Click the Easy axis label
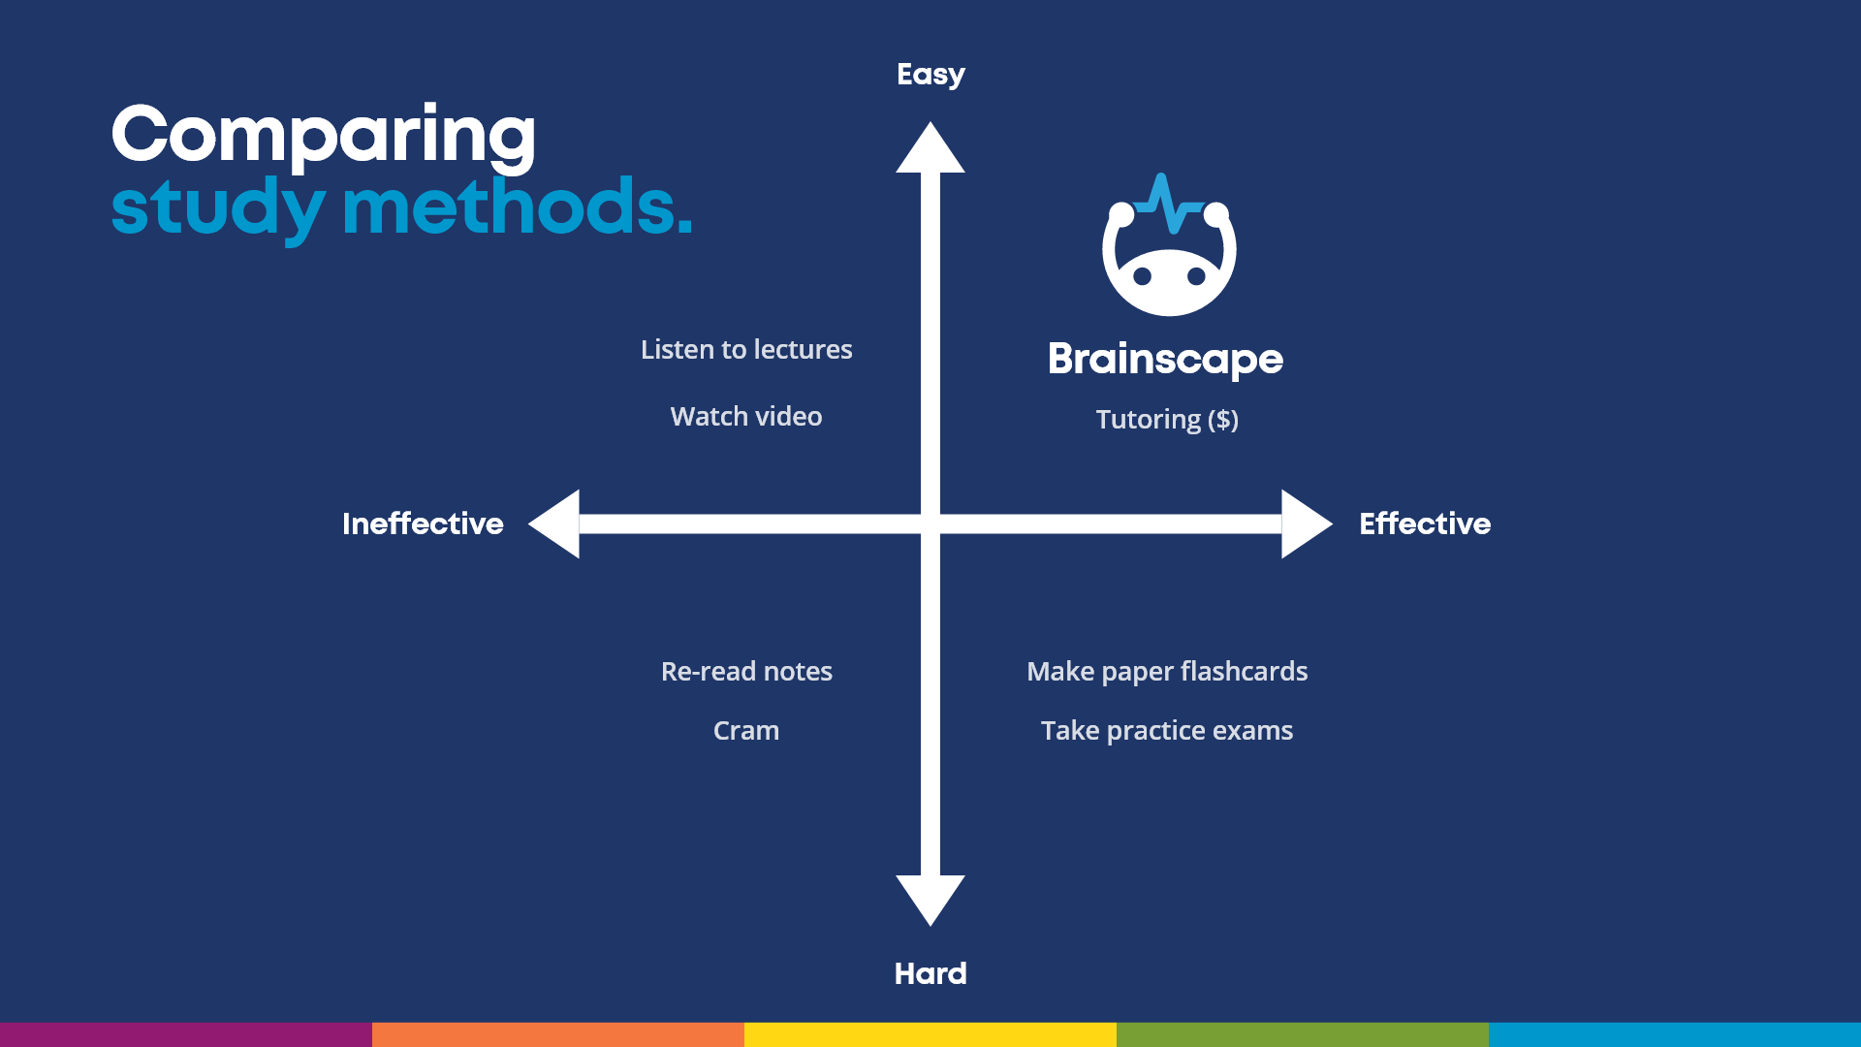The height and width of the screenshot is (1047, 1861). point(930,75)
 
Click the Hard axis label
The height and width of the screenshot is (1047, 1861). point(930,973)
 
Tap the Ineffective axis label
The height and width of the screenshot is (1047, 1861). point(423,523)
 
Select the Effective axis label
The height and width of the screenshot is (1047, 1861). point(1424,523)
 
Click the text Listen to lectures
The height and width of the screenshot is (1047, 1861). point(746,349)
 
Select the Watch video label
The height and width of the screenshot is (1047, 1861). point(746,416)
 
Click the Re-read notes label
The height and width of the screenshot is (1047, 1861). point(746,671)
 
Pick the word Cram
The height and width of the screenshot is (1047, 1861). point(746,730)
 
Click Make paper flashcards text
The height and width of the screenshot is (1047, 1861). point(1167,671)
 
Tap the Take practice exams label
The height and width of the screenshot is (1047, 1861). point(1167,730)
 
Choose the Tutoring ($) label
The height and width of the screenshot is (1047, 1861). point(1167,419)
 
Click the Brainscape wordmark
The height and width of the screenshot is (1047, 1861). point(1165,359)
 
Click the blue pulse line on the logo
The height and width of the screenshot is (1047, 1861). point(1169,206)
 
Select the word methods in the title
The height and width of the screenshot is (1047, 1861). point(517,207)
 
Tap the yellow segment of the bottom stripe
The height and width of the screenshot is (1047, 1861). point(930,1034)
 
